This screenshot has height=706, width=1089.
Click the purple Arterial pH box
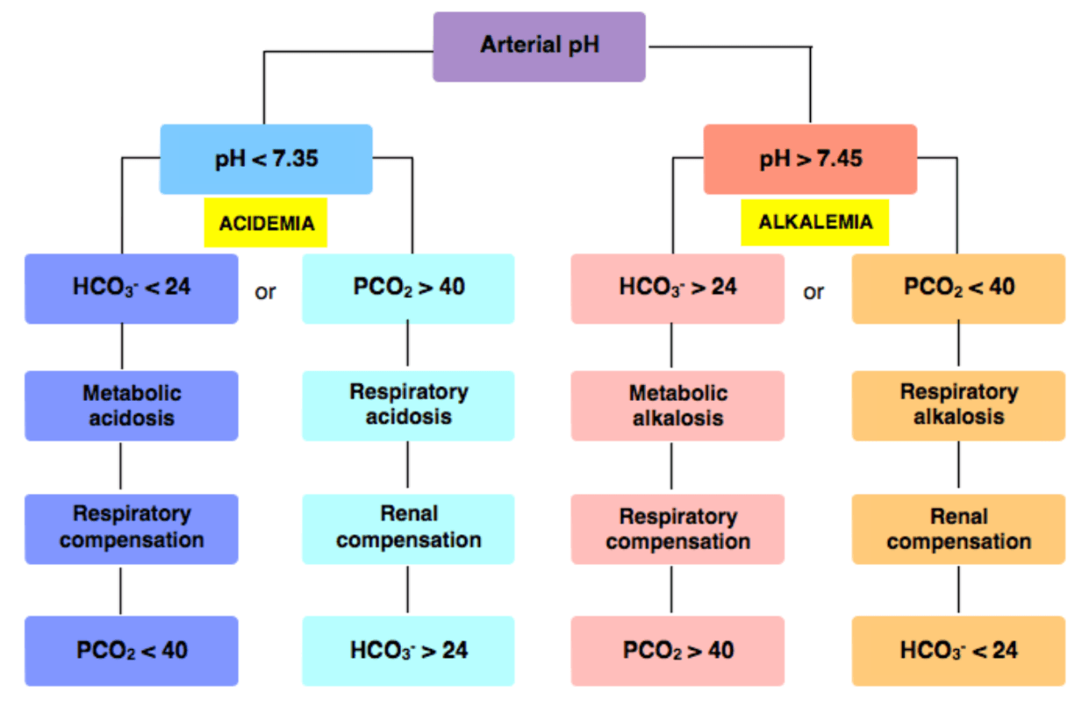pyautogui.click(x=539, y=46)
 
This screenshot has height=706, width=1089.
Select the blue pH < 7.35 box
pyautogui.click(x=267, y=159)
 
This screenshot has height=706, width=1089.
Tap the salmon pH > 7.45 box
pyautogui.click(x=811, y=159)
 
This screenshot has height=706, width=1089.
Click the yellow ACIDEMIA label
pyautogui.click(x=266, y=223)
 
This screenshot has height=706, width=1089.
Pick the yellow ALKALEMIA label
pyautogui.click(x=815, y=222)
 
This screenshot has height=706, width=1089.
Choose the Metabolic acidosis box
pyautogui.click(x=132, y=406)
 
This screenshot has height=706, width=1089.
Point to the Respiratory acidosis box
pyautogui.click(x=408, y=406)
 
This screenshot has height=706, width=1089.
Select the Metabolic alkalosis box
pyautogui.click(x=677, y=406)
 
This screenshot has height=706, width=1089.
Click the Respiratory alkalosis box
pyautogui.click(x=959, y=406)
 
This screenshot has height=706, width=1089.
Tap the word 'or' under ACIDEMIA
pyautogui.click(x=265, y=292)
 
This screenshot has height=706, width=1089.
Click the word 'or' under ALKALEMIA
pyautogui.click(x=813, y=292)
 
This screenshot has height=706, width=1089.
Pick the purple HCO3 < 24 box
pyautogui.click(x=132, y=289)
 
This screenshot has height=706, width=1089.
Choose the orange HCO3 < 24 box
pyautogui.click(x=959, y=651)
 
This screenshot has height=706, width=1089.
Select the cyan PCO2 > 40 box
pyautogui.click(x=408, y=289)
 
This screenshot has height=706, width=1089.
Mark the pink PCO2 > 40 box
pyautogui.click(x=677, y=651)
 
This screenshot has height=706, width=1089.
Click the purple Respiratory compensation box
pyautogui.click(x=132, y=529)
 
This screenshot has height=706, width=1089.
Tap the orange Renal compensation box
pyautogui.click(x=959, y=529)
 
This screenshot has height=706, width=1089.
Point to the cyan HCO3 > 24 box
pyautogui.click(x=408, y=651)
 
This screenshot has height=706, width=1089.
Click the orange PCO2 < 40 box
pyautogui.click(x=959, y=289)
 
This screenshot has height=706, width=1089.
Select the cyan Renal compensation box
pyautogui.click(x=408, y=529)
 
